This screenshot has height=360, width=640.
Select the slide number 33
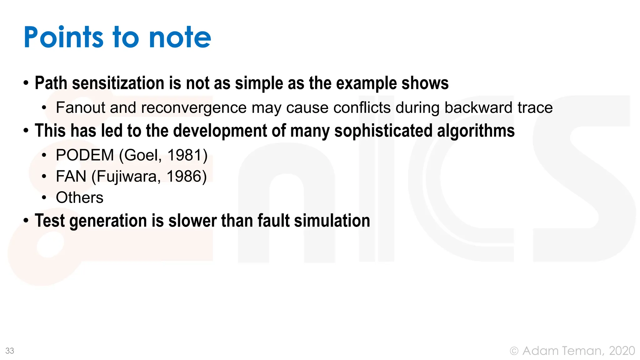point(10,351)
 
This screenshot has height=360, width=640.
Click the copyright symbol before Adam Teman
point(514,351)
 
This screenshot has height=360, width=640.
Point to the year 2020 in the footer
point(622,351)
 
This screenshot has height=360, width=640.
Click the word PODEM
point(85,155)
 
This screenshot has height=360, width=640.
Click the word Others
point(79,197)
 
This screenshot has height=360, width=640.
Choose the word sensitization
point(118,83)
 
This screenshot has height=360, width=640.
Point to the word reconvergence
point(194,107)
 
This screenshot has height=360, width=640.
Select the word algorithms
point(476,131)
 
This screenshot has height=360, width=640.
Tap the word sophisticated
point(383,131)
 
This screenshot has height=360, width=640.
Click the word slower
point(192,221)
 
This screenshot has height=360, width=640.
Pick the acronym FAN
point(71,176)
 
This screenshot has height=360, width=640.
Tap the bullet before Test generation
point(26,221)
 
